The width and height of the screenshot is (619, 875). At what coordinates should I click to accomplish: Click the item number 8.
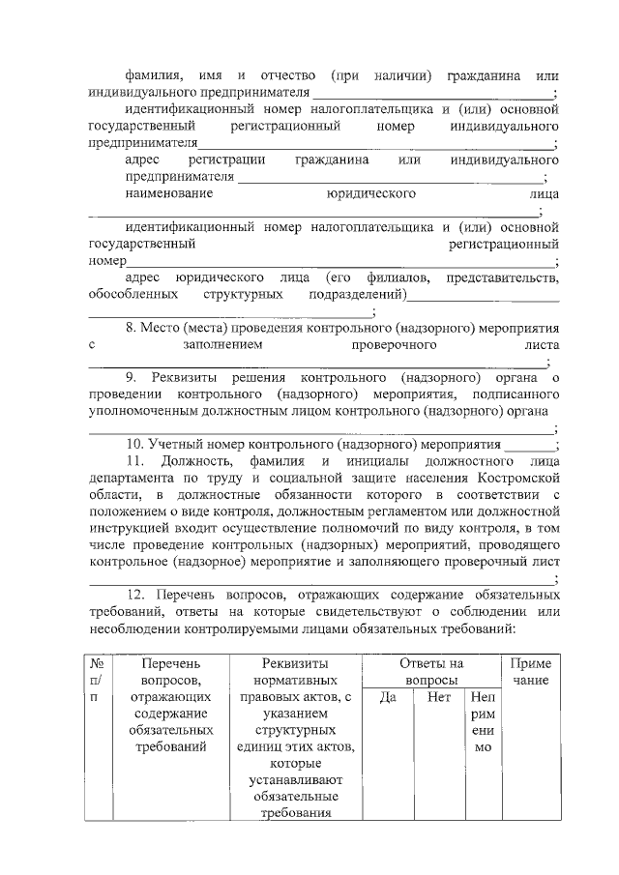(132, 328)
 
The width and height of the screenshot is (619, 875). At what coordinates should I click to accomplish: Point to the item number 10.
(135, 445)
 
